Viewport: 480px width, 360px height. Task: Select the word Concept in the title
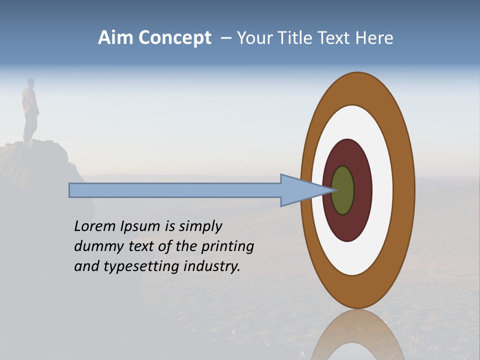tap(174, 38)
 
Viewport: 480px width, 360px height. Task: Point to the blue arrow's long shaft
tap(175, 190)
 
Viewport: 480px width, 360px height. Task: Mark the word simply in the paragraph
tap(200, 227)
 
